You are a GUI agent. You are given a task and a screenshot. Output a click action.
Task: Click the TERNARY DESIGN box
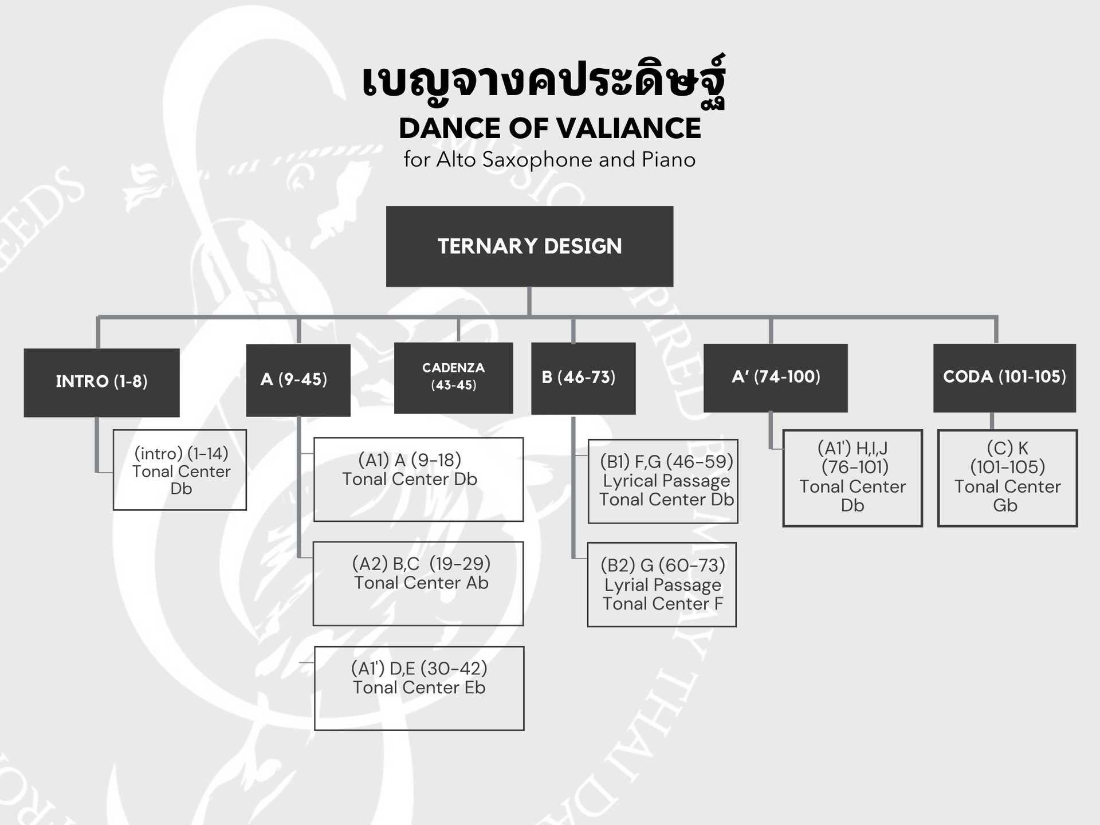[529, 246]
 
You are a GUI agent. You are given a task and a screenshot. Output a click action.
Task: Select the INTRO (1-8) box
[101, 382]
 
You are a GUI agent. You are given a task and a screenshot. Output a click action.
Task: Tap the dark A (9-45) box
[298, 380]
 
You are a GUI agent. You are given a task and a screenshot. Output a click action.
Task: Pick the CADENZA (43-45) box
[453, 378]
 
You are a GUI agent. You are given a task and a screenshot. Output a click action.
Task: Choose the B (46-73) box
[583, 378]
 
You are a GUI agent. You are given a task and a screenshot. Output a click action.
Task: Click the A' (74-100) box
[775, 378]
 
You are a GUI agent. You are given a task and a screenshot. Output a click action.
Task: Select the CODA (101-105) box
[1004, 378]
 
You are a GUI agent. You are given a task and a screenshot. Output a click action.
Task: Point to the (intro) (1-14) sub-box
[180, 470]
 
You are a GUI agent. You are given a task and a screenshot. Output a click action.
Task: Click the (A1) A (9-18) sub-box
[418, 480]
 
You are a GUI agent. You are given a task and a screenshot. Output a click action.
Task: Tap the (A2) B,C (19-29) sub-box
[418, 583]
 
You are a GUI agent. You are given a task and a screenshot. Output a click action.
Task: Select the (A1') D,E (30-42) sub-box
[419, 688]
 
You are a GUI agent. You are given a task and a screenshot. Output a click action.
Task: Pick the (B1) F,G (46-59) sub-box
[663, 481]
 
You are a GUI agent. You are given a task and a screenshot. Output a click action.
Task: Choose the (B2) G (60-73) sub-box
[662, 584]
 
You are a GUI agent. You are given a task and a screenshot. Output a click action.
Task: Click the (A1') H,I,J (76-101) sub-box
[852, 478]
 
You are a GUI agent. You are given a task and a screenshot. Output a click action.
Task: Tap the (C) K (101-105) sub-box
[1007, 478]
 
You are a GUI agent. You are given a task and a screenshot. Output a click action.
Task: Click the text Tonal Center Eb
[419, 687]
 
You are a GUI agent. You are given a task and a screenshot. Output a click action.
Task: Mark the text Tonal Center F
[662, 604]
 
